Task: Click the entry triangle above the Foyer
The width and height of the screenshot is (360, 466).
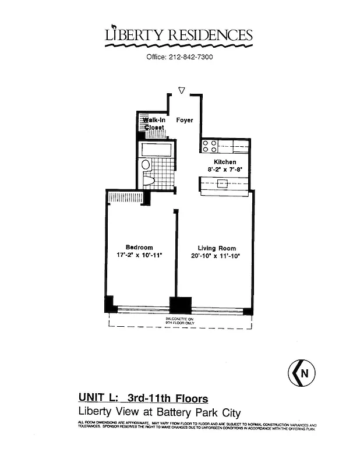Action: coord(182,91)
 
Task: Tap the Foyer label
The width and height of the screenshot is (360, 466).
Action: coord(185,121)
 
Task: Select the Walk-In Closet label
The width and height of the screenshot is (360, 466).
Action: coord(154,123)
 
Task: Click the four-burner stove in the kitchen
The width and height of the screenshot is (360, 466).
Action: coord(209,146)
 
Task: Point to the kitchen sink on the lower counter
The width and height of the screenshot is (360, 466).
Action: coord(222,183)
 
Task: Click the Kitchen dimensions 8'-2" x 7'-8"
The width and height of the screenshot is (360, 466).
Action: coord(225,170)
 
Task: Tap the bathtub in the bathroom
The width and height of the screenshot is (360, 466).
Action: coord(157,149)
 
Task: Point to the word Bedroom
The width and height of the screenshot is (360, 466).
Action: coord(139,248)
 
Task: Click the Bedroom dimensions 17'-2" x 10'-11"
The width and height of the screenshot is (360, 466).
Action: coord(139,255)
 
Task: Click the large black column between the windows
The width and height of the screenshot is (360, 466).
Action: coord(180,305)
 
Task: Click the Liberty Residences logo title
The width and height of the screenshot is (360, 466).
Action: coord(179,36)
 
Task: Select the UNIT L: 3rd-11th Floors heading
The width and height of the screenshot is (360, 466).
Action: coord(143,399)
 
